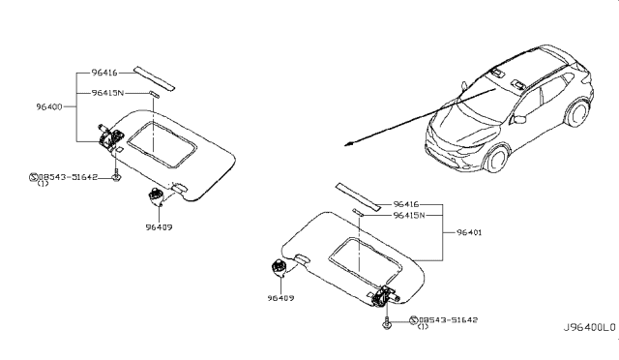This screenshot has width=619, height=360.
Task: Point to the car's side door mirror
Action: coord(519,119)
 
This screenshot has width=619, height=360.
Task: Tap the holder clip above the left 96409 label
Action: coord(156,198)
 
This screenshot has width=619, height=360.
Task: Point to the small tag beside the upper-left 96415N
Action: coord(154,93)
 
